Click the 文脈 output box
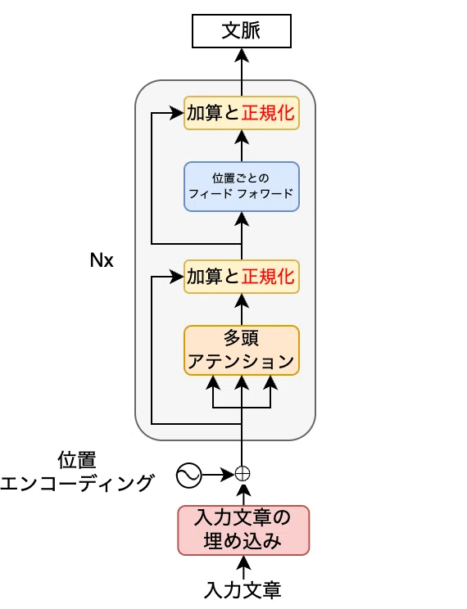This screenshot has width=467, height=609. tap(242, 31)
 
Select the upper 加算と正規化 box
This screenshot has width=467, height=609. tap(242, 113)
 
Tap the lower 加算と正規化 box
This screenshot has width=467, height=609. tap(242, 277)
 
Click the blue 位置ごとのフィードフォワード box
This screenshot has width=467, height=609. tap(242, 187)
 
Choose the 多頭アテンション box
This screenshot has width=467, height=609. tap(242, 350)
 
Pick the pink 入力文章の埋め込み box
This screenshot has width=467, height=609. tap(243, 530)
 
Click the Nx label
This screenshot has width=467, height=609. tap(102, 260)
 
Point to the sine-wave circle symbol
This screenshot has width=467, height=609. tap(188, 476)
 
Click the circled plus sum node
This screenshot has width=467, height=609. tap(243, 474)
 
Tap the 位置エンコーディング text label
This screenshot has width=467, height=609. tap(77, 471)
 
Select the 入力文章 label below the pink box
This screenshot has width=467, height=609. tap(243, 589)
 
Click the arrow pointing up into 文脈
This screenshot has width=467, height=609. tap(242, 72)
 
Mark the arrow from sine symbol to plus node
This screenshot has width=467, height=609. tap(218, 475)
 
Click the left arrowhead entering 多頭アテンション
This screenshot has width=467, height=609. tap(213, 382)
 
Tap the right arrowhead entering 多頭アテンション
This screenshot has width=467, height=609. tap(270, 382)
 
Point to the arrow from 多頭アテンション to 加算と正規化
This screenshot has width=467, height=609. tap(242, 309)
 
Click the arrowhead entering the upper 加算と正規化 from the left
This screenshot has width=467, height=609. tap(177, 113)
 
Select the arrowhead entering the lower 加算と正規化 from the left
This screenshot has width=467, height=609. tap(177, 277)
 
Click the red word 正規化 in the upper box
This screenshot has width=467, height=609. tap(268, 113)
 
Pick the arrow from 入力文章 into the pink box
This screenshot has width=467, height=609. tap(243, 568)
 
